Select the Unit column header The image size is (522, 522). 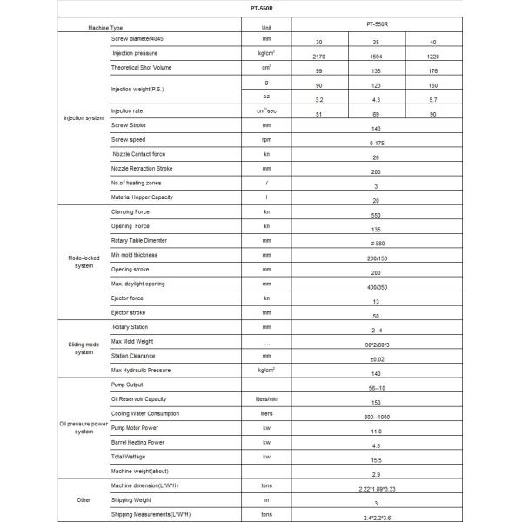coord(267,28)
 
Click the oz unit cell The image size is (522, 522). coord(267,97)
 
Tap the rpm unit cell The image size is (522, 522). coord(267,139)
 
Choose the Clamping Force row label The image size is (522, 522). coord(130,211)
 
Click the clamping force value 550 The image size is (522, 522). coord(375,217)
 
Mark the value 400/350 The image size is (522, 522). coord(375,288)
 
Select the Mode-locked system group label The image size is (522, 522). coord(82,261)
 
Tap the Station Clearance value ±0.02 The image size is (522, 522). coord(375,359)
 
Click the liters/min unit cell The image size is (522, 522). coord(267,399)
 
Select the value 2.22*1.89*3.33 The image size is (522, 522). coord(375,491)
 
